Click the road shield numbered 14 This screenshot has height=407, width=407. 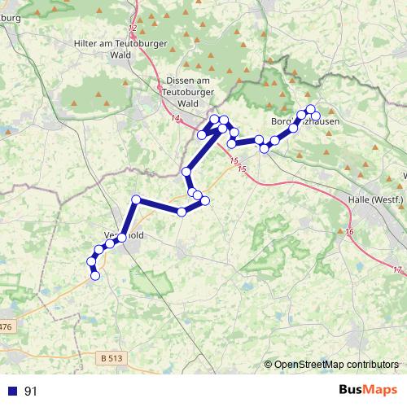coord(176,119)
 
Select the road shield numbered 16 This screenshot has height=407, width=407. coord(349,233)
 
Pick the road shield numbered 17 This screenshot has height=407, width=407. coord(396,269)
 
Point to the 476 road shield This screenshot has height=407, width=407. coord(7,326)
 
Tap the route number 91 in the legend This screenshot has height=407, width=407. coord(31,392)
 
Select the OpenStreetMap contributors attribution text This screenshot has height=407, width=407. coord(336,365)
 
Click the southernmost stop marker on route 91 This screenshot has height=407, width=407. coord(95,276)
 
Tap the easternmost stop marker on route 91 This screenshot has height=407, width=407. coord(316,116)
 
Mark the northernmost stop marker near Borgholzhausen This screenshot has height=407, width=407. coord(310,109)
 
